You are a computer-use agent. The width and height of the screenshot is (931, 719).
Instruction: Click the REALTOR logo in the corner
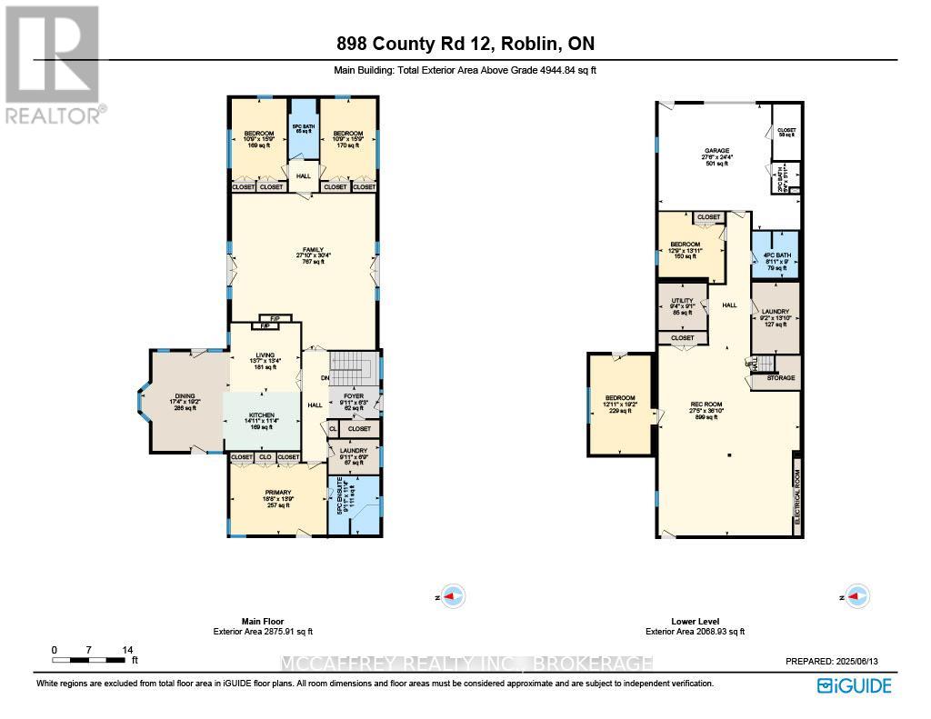(53, 64)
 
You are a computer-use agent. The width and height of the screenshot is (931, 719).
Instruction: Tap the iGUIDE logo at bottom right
(855, 686)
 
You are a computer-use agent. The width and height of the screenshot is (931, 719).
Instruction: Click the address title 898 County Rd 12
(465, 44)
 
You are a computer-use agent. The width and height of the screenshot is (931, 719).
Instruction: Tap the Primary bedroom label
(278, 492)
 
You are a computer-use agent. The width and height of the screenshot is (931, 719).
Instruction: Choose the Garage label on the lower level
(717, 151)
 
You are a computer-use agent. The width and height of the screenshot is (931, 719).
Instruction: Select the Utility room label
(682, 301)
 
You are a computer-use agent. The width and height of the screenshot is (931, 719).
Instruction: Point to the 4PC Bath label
(775, 255)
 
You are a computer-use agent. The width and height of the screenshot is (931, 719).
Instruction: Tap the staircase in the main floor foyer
(345, 369)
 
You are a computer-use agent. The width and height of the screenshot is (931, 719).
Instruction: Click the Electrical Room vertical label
(797, 494)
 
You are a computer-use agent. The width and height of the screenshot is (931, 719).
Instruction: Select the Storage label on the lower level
(779, 377)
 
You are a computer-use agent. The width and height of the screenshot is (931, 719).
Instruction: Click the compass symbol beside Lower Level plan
(857, 596)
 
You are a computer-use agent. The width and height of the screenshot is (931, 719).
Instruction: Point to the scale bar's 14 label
(128, 650)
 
